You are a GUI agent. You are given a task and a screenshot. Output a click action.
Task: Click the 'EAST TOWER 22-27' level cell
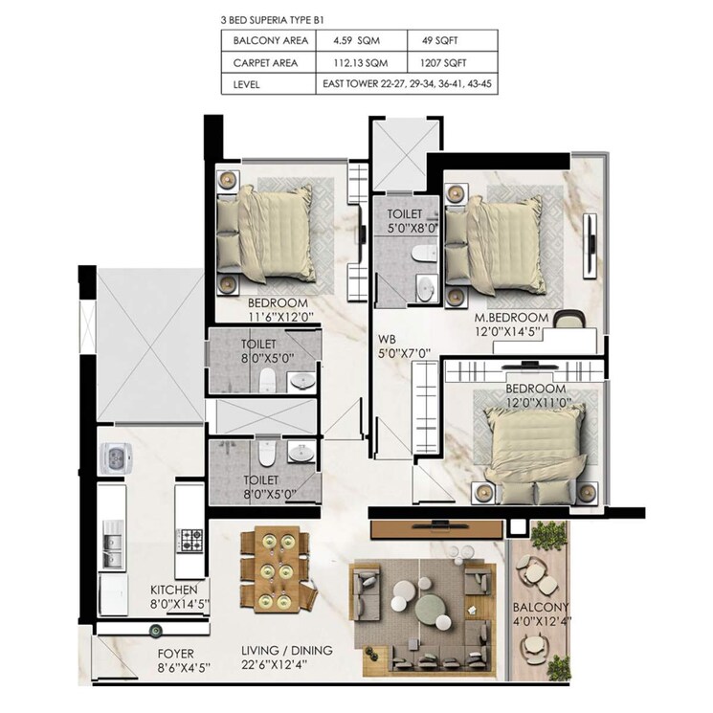(406, 85)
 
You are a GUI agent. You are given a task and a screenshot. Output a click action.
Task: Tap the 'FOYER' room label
(177, 656)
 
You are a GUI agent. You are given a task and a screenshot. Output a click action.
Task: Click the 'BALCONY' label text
(540, 607)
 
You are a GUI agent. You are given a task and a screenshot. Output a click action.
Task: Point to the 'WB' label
(388, 338)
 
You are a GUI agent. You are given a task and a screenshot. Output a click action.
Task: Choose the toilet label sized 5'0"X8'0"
(412, 222)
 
